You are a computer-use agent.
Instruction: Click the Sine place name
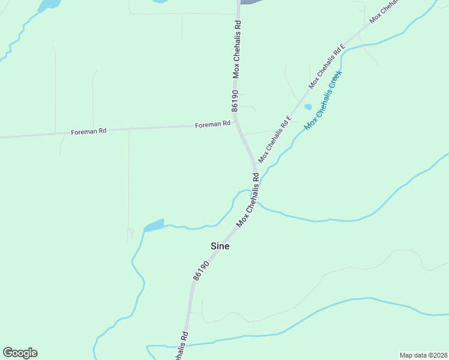tap(220, 246)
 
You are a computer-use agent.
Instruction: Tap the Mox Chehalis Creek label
tap(323, 100)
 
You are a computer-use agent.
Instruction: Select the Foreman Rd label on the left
tap(88, 131)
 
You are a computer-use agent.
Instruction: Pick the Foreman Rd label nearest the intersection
tap(212, 124)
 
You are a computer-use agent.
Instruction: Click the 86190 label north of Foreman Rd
tap(235, 100)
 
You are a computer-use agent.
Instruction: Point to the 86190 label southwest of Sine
tap(201, 270)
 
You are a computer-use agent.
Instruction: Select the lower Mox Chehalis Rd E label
tap(275, 139)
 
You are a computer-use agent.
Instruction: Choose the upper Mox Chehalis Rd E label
tap(327, 66)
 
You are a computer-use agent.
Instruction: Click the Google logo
tap(20, 353)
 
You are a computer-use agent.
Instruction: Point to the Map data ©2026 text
tap(423, 355)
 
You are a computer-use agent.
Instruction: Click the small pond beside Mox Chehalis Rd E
tap(308, 107)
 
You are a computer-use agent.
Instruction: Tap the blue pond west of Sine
tap(154, 226)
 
